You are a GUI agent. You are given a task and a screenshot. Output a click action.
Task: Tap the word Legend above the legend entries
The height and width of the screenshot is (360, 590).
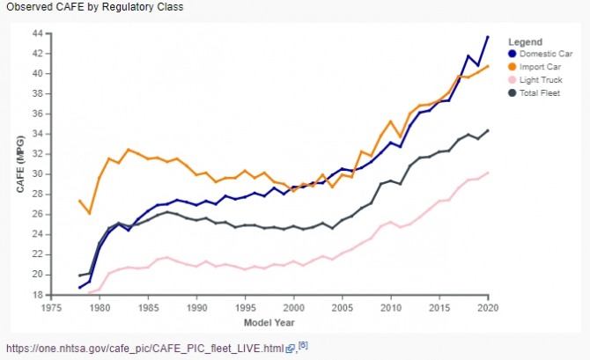526,40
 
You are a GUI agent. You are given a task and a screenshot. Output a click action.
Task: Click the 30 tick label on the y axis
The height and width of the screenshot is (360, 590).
36,173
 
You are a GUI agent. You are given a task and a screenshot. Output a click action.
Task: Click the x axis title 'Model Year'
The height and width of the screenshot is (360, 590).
269,322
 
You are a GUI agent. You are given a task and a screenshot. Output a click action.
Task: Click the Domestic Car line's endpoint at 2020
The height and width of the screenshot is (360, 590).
488,37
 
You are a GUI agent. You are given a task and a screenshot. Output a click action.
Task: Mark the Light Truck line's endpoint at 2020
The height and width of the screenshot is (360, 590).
488,173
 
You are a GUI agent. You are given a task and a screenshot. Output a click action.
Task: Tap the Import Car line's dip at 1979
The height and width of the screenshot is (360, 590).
90,213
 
